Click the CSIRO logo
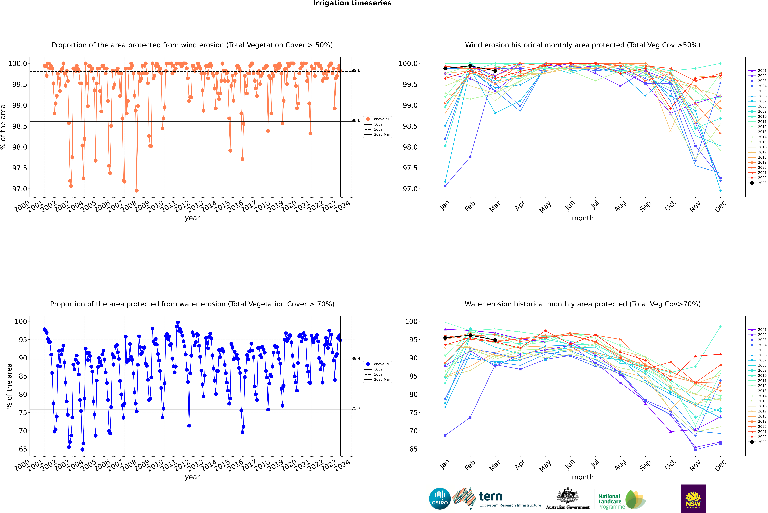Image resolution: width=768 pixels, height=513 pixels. [x=440, y=499]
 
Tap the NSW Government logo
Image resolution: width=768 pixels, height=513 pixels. [x=693, y=499]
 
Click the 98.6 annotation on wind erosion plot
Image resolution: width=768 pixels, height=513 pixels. [x=356, y=120]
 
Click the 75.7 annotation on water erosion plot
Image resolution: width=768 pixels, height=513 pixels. [x=356, y=408]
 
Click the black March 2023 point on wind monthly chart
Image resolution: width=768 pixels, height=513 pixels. [x=495, y=71]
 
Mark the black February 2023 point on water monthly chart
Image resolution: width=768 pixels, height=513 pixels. [x=470, y=335]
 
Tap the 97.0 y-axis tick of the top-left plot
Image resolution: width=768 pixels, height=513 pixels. [x=20, y=189]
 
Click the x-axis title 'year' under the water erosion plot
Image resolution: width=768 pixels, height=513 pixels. [x=192, y=477]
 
